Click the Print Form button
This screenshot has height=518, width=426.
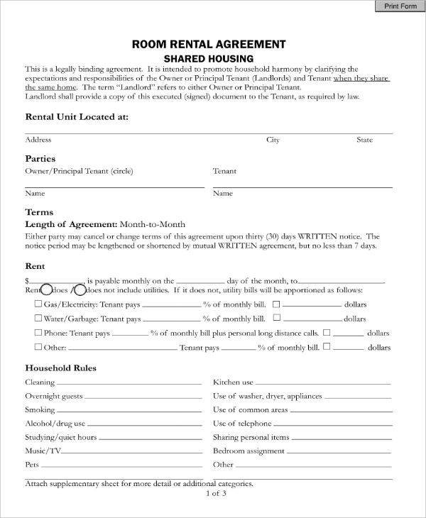pos(400,6)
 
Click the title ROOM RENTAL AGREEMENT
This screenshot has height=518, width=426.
pos(209,44)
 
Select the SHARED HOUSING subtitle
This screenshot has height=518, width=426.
pos(209,58)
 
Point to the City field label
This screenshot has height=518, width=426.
pos(273,140)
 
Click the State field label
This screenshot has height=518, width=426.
pos(364,140)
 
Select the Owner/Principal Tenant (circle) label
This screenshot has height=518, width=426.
pos(79,171)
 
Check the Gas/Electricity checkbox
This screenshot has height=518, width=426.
pos(38,303)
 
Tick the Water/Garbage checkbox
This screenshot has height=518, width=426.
pos(38,318)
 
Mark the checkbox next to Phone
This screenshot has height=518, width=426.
pos(38,332)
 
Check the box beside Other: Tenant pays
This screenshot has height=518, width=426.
pos(38,347)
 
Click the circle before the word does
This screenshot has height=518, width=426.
pos(46,290)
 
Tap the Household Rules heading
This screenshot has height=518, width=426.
pos(61,368)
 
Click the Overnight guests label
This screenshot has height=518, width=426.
pos(54,396)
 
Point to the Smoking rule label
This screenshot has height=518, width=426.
pos(40,409)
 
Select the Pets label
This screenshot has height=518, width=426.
pos(32,465)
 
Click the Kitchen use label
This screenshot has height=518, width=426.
pos(233,382)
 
